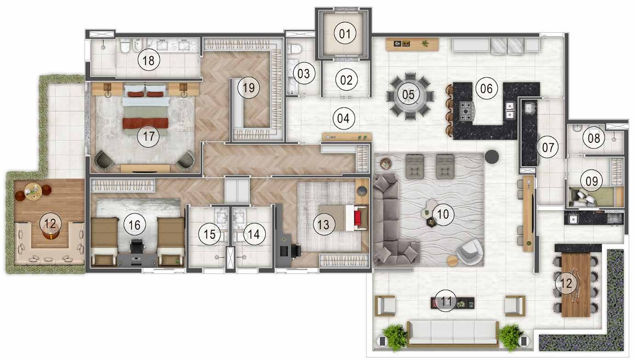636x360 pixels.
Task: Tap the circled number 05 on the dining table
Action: pyautogui.click(x=409, y=95)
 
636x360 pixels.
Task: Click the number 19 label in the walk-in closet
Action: pyautogui.click(x=249, y=88)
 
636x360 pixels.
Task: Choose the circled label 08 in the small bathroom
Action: pyautogui.click(x=594, y=138)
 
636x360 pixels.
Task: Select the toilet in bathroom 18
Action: pyautogui.click(x=125, y=47)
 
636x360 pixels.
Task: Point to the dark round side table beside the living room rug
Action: pyautogui.click(x=492, y=156)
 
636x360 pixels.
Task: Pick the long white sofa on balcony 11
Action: pyautogui.click(x=453, y=332)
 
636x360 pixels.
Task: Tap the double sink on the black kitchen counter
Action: pyautogui.click(x=510, y=107)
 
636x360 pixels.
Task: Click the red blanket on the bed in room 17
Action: pyautogui.click(x=145, y=123)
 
